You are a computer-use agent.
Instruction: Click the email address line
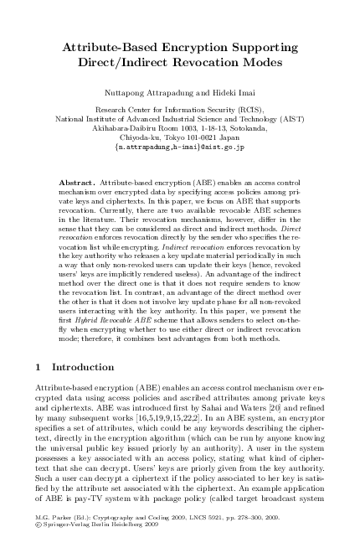pyautogui.click(x=179, y=147)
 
